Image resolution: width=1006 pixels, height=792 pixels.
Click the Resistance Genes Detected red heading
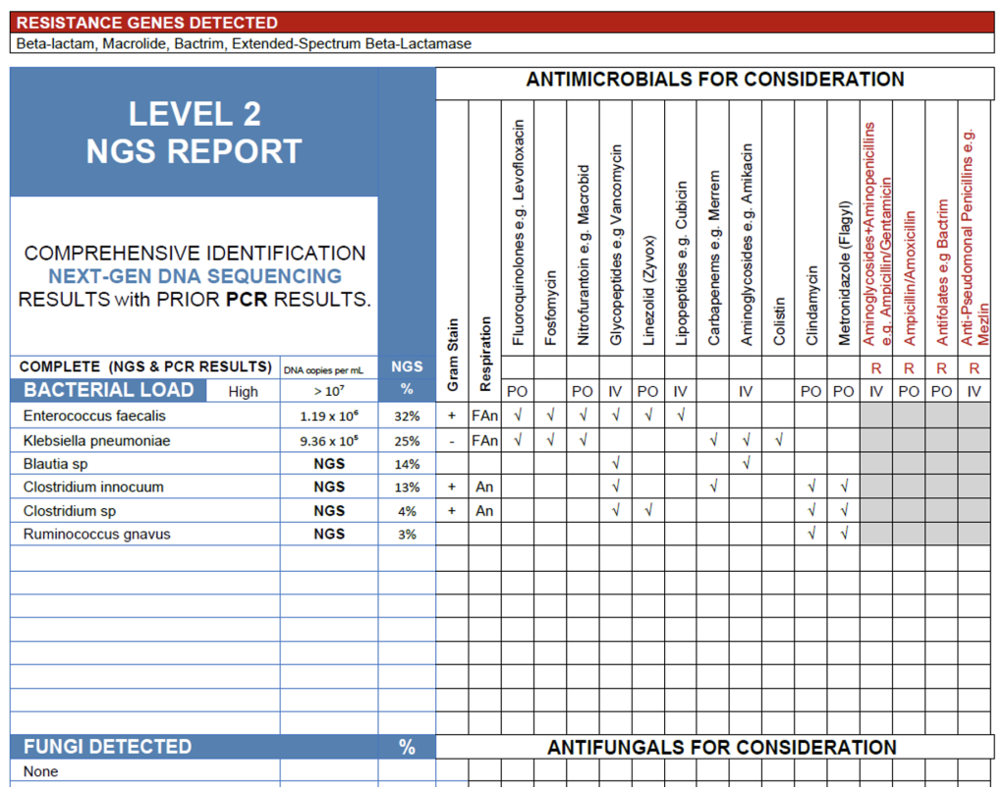tap(147, 23)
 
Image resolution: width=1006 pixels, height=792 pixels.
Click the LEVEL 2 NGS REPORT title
tap(194, 133)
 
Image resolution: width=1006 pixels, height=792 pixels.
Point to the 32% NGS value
tap(407, 416)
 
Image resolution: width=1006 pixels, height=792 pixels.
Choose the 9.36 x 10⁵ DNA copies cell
tap(329, 440)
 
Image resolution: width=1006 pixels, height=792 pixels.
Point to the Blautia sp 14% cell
tap(407, 464)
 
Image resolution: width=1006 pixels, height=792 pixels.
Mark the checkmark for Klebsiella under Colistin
tap(779, 440)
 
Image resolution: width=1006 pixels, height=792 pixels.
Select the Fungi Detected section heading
tap(108, 747)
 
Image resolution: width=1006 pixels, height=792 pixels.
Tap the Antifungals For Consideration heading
tap(722, 748)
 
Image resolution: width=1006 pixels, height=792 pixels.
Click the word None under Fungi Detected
tap(41, 771)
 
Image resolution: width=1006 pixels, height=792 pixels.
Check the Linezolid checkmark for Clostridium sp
tap(648, 511)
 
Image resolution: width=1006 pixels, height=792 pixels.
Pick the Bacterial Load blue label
tap(109, 390)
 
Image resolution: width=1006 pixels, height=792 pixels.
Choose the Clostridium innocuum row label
tap(93, 487)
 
